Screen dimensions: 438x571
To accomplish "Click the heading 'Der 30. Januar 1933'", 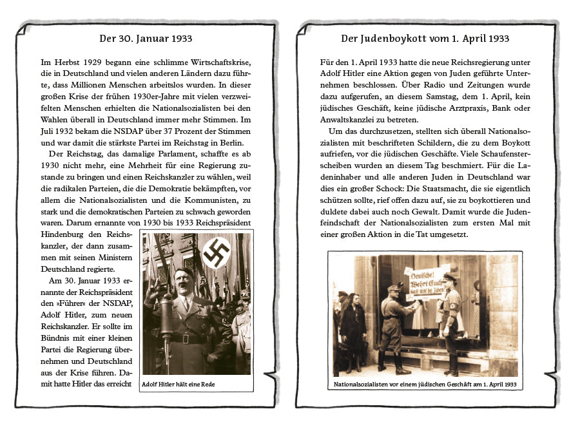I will click(x=146, y=39).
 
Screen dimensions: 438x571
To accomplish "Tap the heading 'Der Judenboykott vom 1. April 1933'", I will click(x=425, y=39).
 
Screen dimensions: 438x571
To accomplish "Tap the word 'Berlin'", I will click(x=238, y=142).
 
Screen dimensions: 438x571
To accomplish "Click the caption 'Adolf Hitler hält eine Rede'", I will click(x=179, y=385).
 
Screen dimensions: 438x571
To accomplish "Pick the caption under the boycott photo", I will click(x=425, y=385).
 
